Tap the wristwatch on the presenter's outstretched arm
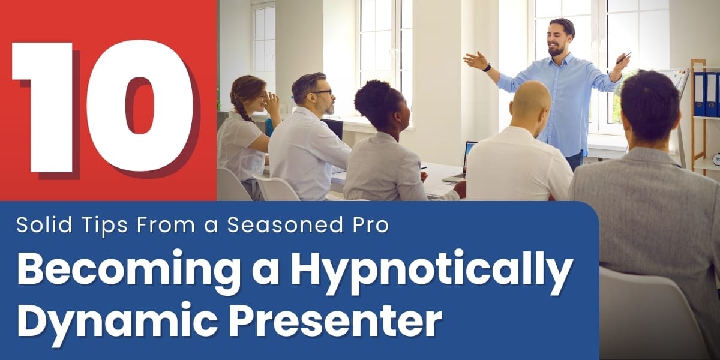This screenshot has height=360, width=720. pos(487,68)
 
